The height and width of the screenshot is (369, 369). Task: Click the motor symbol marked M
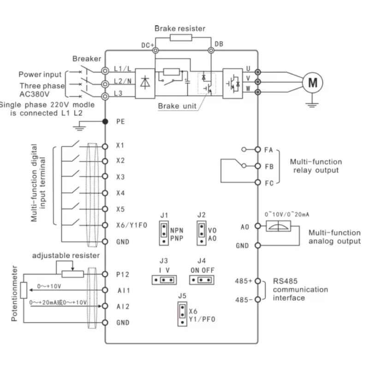(x=313, y=83)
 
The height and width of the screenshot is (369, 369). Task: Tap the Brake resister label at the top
(x=179, y=29)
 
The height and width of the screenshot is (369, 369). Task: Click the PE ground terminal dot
(x=105, y=121)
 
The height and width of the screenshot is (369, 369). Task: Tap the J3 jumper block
(x=164, y=280)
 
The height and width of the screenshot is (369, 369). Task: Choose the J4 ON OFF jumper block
(x=201, y=280)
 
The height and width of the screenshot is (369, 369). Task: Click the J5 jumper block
(x=183, y=315)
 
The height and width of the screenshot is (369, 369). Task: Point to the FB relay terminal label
(x=268, y=166)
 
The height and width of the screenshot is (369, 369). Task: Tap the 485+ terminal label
(x=243, y=281)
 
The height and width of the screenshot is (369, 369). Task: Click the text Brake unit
(x=177, y=106)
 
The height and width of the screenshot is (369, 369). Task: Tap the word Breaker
(x=86, y=59)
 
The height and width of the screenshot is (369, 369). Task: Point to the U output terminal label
(x=248, y=68)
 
